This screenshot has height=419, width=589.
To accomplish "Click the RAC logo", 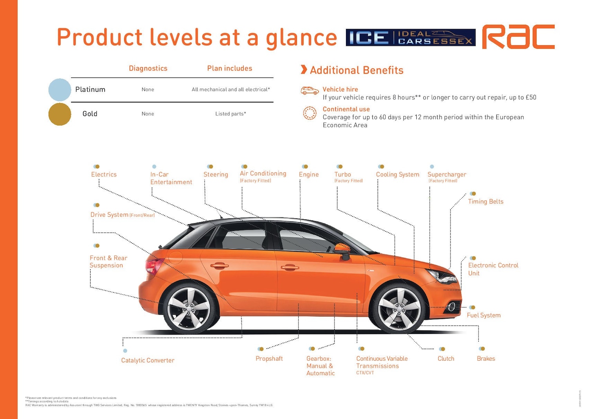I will pos(518,37).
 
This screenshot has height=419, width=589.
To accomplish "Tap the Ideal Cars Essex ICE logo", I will pos(410,37).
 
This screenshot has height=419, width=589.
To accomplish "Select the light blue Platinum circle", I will pos(60,90).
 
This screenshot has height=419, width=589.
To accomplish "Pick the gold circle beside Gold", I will pos(60,114).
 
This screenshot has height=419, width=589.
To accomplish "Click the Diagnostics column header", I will pos(148,68).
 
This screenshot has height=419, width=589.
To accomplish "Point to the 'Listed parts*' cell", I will pos(230,114).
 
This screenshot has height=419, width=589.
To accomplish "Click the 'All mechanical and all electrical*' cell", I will pos(230,90).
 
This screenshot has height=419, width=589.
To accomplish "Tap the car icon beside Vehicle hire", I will pos(309,91).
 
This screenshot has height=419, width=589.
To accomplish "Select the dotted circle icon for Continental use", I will pos(309,113).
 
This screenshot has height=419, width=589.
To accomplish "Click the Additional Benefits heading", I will pos(357,70).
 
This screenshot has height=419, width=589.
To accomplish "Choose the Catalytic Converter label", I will pos(148,360).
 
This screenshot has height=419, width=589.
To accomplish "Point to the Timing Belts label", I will pos(485,201).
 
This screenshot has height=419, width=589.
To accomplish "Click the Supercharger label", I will pos(446,175).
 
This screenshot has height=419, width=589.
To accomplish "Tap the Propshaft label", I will pos(269,359).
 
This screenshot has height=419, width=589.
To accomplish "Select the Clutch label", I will pos(446,359).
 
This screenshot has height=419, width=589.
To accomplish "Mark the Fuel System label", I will pos(483,315).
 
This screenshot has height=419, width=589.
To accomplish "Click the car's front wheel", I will pos(399,309).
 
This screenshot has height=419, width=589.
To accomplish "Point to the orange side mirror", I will pos(342,249).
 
